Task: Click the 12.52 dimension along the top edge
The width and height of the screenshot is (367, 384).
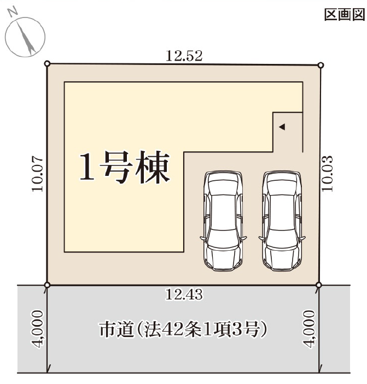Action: point(184,56)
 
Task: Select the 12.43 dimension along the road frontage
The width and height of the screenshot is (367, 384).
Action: point(184,294)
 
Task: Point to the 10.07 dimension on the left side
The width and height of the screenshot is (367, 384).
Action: point(37,174)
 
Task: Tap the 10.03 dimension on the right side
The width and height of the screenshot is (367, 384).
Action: point(327,173)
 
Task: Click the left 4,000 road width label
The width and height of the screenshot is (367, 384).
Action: point(38,329)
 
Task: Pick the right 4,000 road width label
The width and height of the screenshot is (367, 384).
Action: point(308,329)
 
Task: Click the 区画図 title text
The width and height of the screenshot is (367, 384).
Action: point(345,15)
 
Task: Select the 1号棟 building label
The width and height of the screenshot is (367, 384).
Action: point(125,167)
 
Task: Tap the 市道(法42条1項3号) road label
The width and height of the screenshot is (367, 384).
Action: point(183,329)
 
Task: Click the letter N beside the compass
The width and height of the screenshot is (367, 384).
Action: point(13,13)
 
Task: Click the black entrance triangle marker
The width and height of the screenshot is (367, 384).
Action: point(282,127)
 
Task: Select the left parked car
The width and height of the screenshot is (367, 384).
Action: point(223,221)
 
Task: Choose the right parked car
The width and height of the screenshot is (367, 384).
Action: point(282,221)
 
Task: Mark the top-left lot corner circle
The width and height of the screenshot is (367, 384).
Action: point(48,64)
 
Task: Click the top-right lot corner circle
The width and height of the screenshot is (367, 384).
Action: point(321,65)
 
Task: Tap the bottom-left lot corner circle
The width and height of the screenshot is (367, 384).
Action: point(48,285)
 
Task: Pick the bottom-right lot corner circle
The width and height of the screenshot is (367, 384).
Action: point(319,285)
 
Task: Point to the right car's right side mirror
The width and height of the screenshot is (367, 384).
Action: point(302,238)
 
